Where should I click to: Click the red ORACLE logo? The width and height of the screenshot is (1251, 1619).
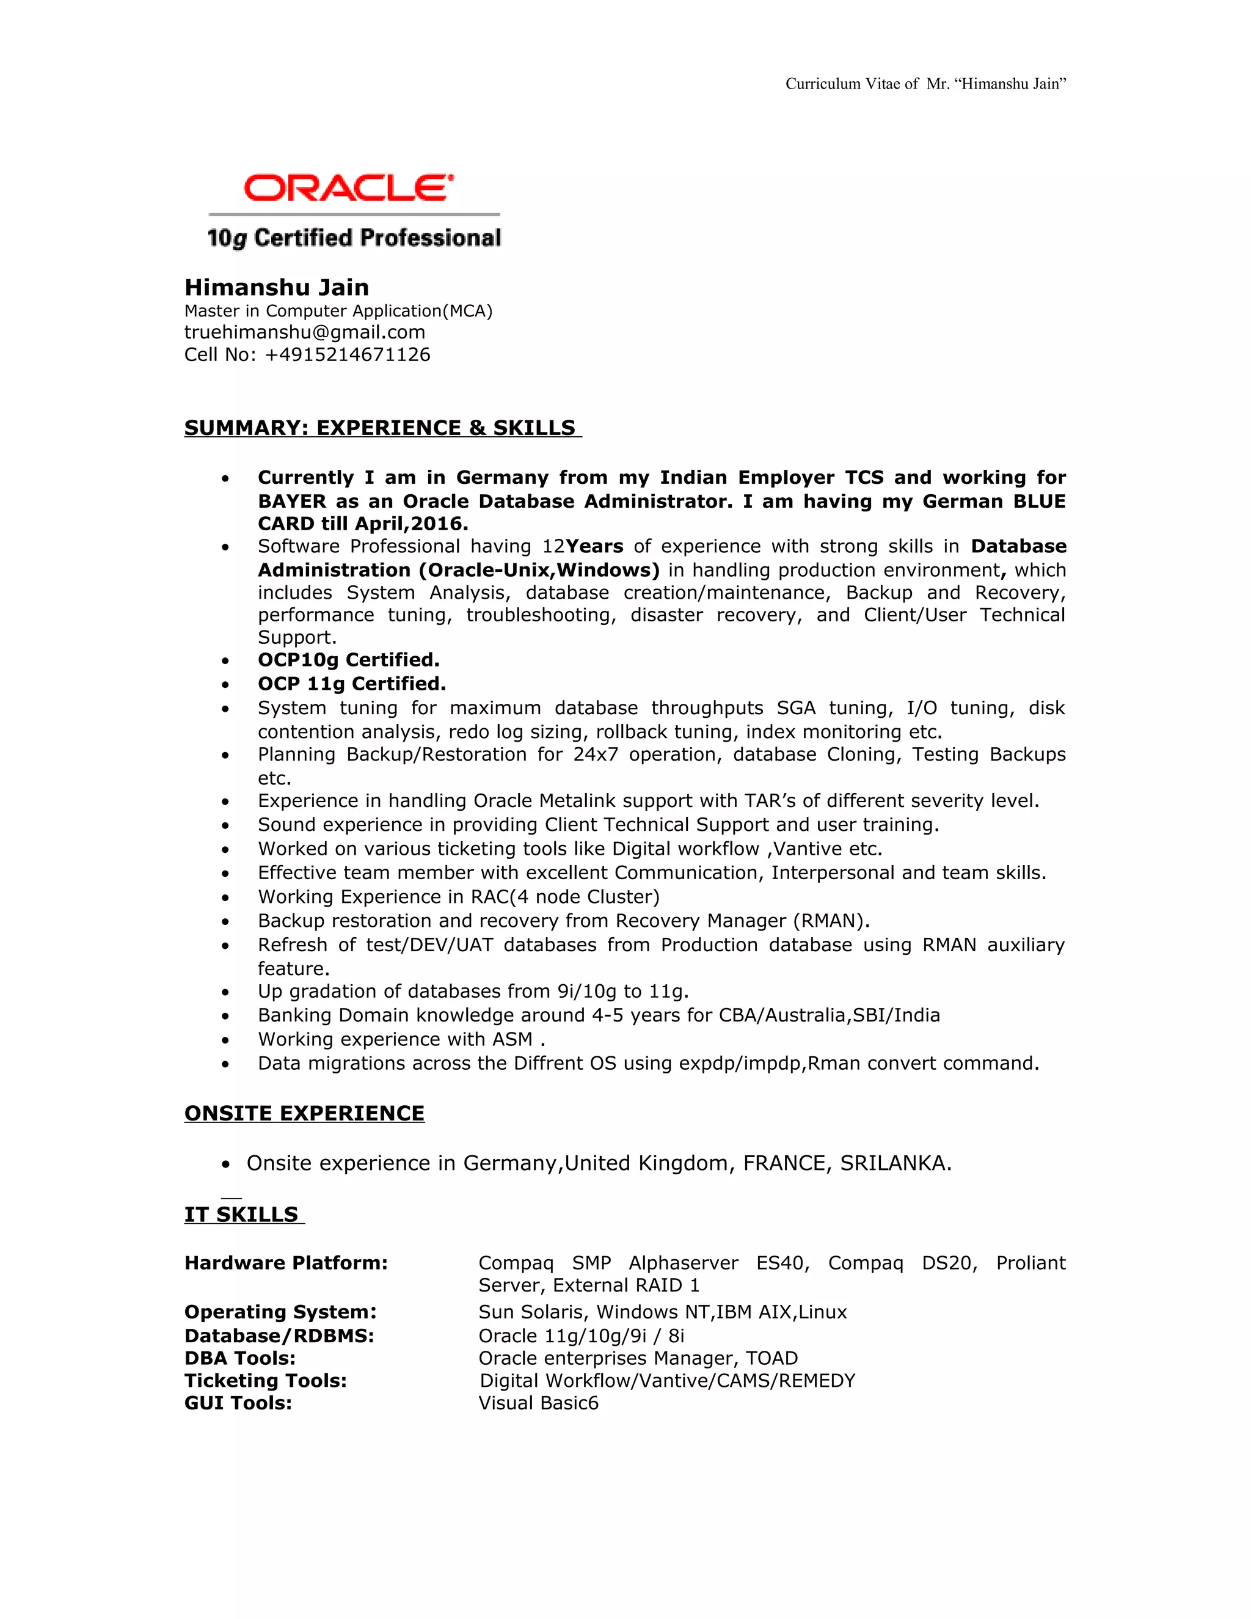point(348,188)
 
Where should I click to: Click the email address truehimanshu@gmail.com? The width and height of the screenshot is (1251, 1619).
point(305,332)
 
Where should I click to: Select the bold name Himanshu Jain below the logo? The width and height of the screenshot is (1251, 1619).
point(277,288)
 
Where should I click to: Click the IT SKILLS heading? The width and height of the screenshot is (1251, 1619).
point(242,1215)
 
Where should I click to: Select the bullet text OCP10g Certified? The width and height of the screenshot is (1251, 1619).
point(348,660)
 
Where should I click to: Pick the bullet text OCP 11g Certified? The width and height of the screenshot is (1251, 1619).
point(351,684)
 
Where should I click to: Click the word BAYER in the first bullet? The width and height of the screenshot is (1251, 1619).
point(292,501)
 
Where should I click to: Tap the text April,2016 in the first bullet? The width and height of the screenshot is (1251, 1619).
point(409,524)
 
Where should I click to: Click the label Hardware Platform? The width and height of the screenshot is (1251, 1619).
point(285,1263)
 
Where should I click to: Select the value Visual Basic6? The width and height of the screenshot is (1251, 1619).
point(538,1403)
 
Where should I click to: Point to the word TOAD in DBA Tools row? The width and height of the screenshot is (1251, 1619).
point(771,1358)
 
